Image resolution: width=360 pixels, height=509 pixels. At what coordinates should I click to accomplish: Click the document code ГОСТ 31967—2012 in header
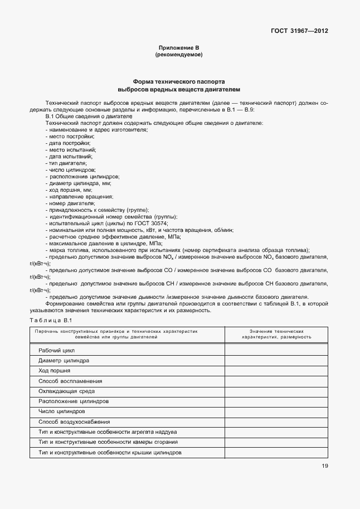coord(299,31)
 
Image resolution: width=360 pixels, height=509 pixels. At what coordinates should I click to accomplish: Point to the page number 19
coord(324,466)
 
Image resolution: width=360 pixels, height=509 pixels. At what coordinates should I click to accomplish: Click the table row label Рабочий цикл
coord(56,351)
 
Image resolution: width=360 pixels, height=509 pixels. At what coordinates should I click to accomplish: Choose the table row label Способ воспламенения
coord(70,381)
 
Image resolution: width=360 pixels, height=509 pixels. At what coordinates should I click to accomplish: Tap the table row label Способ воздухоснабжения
coord(74,421)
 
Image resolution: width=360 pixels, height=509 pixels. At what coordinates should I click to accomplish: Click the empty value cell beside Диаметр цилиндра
coord(276,361)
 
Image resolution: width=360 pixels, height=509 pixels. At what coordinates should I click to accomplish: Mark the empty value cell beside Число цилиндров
coord(276,411)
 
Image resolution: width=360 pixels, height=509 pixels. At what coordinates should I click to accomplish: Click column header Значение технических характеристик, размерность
coord(276,334)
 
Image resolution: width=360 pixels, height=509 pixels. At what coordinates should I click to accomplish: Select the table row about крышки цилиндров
coord(110,452)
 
